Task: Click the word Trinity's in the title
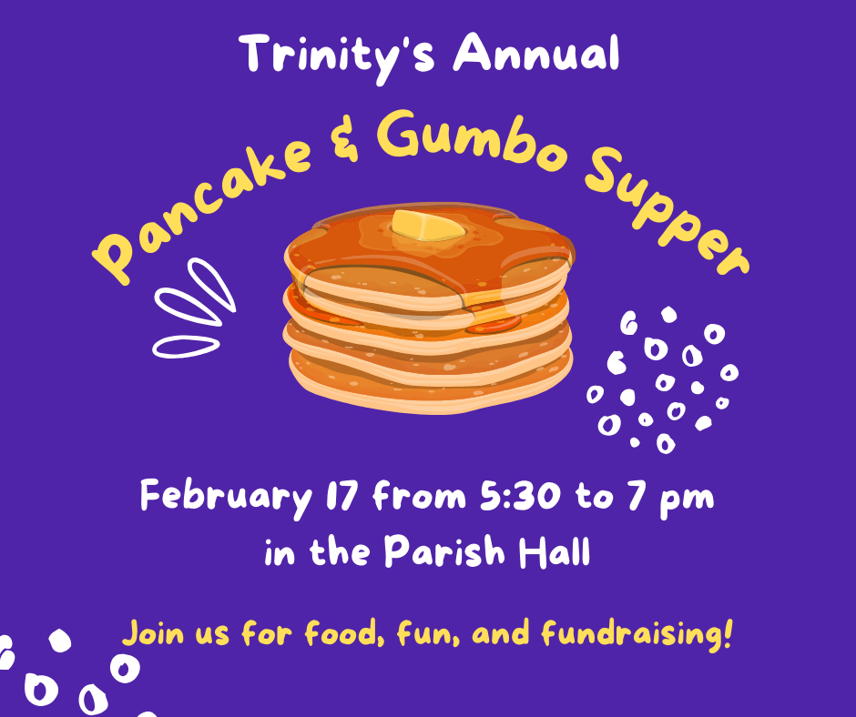click(x=337, y=56)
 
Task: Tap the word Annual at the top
click(x=536, y=53)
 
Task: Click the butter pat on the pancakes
click(x=429, y=226)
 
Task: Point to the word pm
click(x=687, y=501)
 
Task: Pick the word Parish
click(x=444, y=550)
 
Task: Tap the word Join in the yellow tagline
click(x=153, y=633)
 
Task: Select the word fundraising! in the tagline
click(x=636, y=634)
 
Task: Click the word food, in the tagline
click(x=344, y=633)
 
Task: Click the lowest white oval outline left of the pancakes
click(x=186, y=347)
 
